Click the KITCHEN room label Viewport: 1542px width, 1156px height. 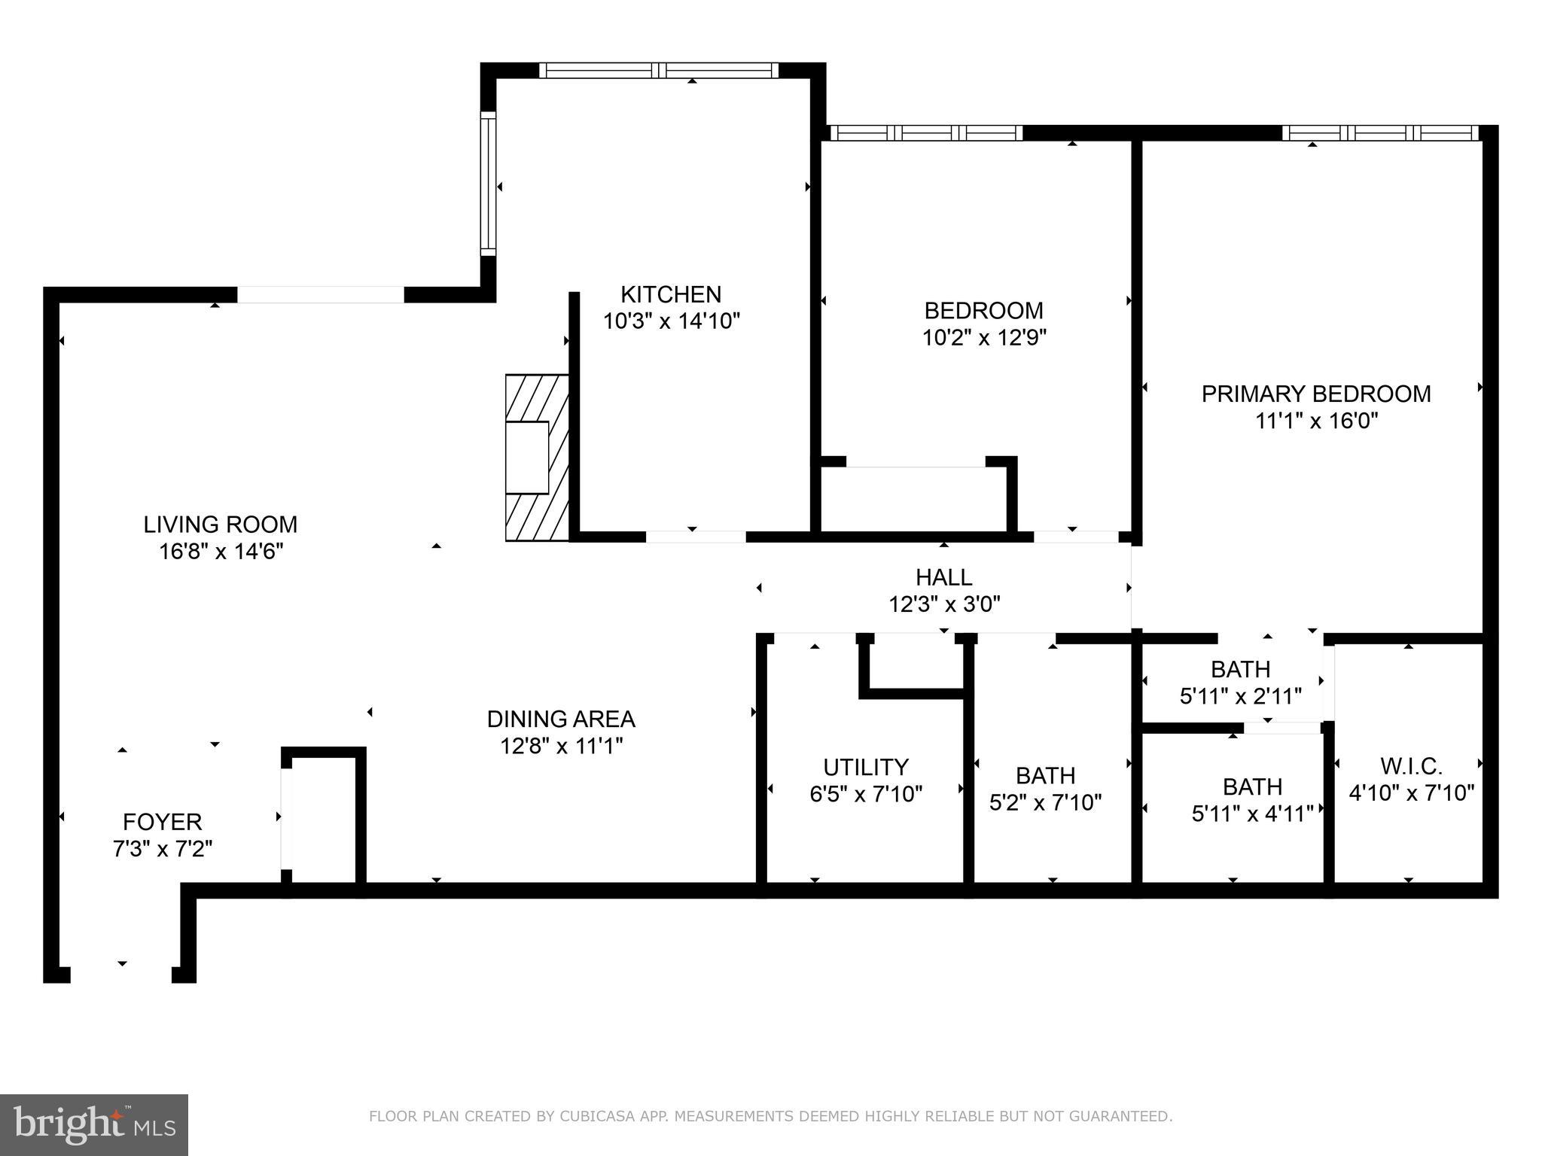pyautogui.click(x=670, y=294)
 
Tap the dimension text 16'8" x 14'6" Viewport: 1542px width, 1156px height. pyautogui.click(x=221, y=552)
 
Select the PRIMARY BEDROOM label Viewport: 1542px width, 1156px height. pyautogui.click(x=1315, y=394)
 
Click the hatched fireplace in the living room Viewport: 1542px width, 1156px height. pyautogui.click(x=536, y=458)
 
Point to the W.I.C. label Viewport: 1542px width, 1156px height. pyautogui.click(x=1411, y=766)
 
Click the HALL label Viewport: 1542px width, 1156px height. pyautogui.click(x=943, y=577)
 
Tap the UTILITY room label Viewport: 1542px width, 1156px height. pyautogui.click(x=865, y=767)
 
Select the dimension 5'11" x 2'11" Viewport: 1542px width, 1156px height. pyautogui.click(x=1240, y=696)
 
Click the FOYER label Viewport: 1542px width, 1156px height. pyautogui.click(x=162, y=821)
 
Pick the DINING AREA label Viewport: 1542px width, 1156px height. pyautogui.click(x=561, y=719)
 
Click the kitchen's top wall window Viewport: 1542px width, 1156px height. pyautogui.click(x=659, y=71)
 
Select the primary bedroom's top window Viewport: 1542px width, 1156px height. pyautogui.click(x=1380, y=133)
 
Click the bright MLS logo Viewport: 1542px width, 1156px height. pyautogui.click(x=94, y=1124)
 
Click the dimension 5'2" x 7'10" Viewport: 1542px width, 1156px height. pyautogui.click(x=1045, y=803)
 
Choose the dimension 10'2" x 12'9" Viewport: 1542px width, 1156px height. pyautogui.click(x=984, y=337)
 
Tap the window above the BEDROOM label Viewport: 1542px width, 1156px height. pyautogui.click(x=926, y=133)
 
